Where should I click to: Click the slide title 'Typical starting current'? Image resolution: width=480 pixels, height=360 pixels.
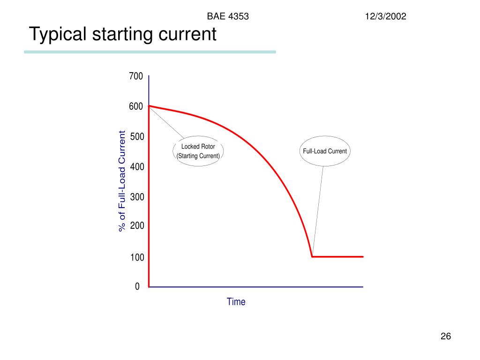(123, 34)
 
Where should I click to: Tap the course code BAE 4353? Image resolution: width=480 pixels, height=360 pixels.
(228, 17)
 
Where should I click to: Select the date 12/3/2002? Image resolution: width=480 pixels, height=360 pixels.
(386, 17)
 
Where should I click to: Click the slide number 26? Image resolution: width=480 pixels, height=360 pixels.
(445, 337)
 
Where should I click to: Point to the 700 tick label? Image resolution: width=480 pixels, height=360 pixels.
(136, 76)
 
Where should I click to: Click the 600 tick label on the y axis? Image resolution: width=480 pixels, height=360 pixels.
(136, 107)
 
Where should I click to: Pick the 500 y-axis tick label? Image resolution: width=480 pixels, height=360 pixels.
(137, 137)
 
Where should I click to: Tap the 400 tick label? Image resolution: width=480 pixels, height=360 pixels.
(137, 167)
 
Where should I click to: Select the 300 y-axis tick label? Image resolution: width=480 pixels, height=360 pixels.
(137, 197)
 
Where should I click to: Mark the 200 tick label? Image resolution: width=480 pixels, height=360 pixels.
(137, 226)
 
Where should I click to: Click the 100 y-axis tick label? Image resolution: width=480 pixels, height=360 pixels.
(137, 257)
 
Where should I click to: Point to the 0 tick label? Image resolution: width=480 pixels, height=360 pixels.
(137, 286)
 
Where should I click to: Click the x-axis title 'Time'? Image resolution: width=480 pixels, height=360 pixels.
(236, 302)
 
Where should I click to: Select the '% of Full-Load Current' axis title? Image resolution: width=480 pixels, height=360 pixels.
(122, 181)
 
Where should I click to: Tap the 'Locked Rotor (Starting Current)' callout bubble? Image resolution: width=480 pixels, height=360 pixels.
(198, 151)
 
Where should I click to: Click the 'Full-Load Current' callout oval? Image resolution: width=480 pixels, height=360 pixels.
(324, 151)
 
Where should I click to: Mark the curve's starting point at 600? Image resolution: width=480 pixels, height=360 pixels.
(149, 106)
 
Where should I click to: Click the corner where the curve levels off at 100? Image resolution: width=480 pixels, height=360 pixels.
(313, 256)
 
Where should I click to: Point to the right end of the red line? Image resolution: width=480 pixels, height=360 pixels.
(363, 256)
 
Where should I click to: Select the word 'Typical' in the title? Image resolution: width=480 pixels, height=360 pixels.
(58, 34)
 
